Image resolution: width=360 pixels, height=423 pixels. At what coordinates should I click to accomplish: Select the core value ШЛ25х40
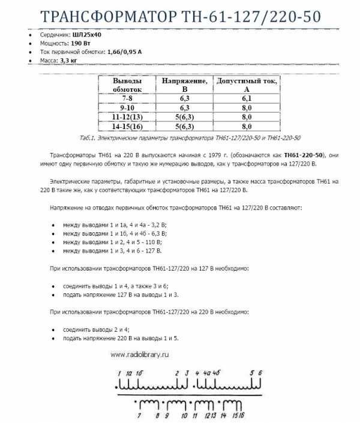[89, 35]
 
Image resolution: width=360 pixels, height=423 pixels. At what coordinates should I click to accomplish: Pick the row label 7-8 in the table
[127, 98]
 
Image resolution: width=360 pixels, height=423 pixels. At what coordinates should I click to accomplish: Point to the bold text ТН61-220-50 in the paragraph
[304, 154]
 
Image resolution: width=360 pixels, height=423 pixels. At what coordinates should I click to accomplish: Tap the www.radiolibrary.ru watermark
[139, 354]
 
